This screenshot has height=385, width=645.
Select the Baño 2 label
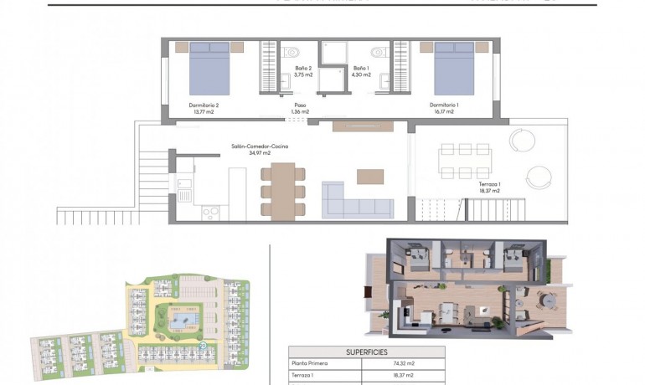point(303,68)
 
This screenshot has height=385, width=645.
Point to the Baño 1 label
point(360,68)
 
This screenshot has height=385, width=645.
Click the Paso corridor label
point(300,105)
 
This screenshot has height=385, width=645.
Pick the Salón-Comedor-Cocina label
point(261,146)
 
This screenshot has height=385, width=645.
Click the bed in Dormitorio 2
point(209,68)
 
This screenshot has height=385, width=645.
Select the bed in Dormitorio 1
point(454,68)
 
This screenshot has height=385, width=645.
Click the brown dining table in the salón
point(283,190)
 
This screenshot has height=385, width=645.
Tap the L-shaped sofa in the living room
point(357,201)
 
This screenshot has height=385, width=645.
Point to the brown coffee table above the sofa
point(369,177)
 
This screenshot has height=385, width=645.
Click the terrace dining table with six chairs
point(466,161)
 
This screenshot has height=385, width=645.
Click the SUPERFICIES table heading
point(366,352)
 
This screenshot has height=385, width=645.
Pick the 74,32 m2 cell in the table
point(405,364)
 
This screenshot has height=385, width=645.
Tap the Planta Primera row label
point(311,364)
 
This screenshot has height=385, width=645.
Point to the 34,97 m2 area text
point(260,153)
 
